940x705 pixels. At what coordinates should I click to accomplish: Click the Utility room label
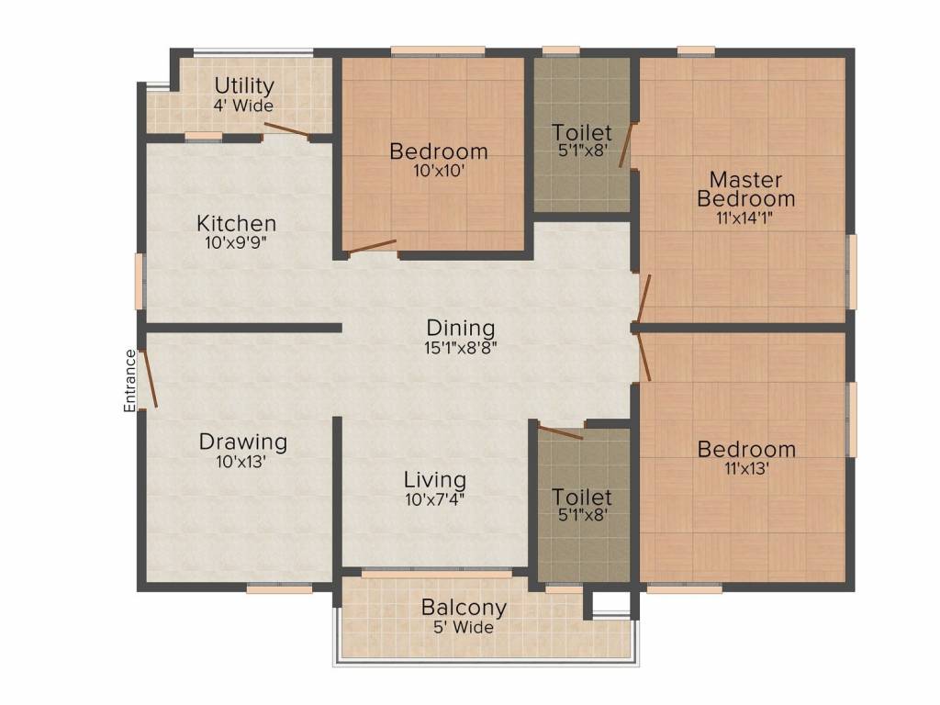point(244,86)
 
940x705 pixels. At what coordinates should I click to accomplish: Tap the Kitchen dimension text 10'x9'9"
point(236,242)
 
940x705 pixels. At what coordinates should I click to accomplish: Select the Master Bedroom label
point(746,189)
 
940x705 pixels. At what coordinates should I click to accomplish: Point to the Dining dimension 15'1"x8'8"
point(461,347)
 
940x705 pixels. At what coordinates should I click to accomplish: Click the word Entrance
point(129,381)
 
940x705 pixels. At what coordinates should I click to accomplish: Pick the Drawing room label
point(242,442)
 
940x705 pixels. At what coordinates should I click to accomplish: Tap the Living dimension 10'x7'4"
point(434,498)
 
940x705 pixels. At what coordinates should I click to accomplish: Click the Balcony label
point(464,608)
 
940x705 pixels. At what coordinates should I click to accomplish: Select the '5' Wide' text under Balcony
point(464,627)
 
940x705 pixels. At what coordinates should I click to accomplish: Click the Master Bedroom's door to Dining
point(643,298)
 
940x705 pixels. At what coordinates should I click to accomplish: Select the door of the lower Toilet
point(561,431)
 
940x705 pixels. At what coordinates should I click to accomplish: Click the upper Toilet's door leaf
point(626,144)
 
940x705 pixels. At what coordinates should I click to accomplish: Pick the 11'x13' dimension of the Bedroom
point(746,468)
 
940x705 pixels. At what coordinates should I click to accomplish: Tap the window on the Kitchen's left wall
point(140,281)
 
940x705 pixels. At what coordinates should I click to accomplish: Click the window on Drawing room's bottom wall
point(279,589)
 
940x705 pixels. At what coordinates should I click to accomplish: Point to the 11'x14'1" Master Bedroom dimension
point(744,218)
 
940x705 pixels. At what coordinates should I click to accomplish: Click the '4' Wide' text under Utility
point(243,106)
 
